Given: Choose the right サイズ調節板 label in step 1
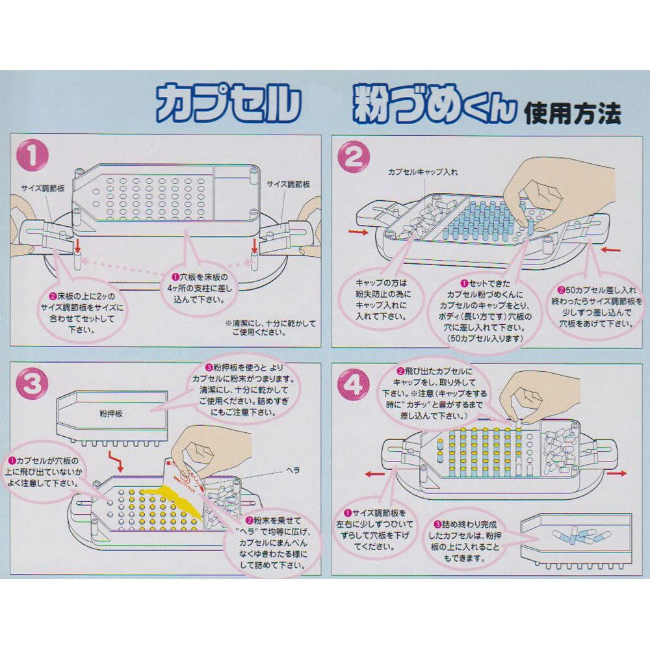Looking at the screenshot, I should tap(287, 184).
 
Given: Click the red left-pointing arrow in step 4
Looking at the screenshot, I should tap(373, 474).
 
